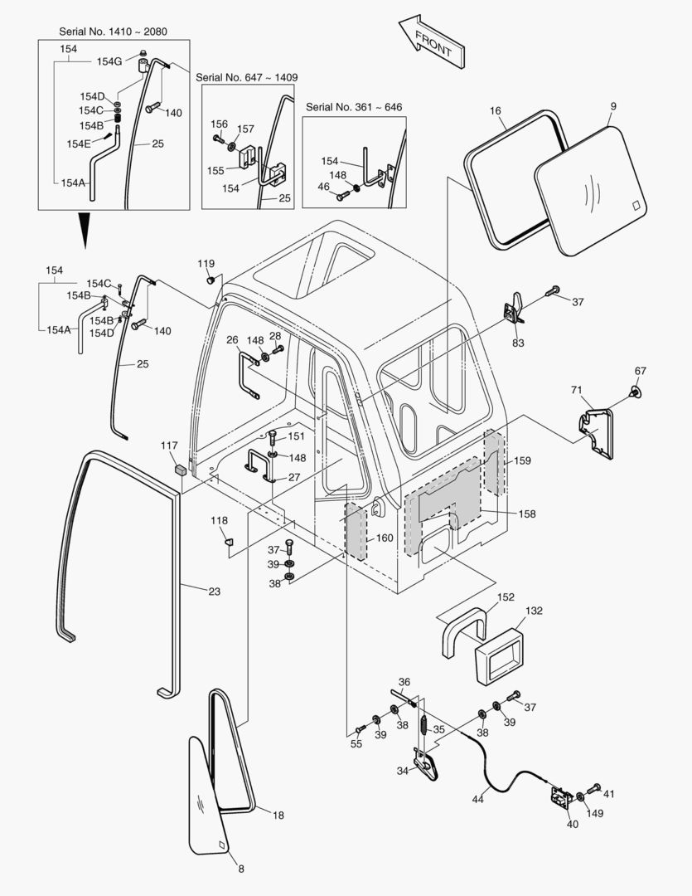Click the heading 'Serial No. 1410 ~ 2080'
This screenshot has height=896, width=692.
[x=113, y=32]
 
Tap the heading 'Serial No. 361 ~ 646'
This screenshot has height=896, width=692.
[x=354, y=107]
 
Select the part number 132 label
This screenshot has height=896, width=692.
[x=533, y=610]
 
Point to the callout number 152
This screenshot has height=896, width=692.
[x=506, y=597]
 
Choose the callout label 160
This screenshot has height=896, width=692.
[x=385, y=538]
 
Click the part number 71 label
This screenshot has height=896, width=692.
[x=576, y=388]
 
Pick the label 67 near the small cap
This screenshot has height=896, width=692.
[x=640, y=371]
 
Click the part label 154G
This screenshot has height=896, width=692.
[x=109, y=61]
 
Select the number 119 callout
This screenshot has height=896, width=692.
[x=206, y=263]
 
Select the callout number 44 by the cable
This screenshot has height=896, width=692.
[x=477, y=799]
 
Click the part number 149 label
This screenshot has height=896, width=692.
[x=594, y=813]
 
